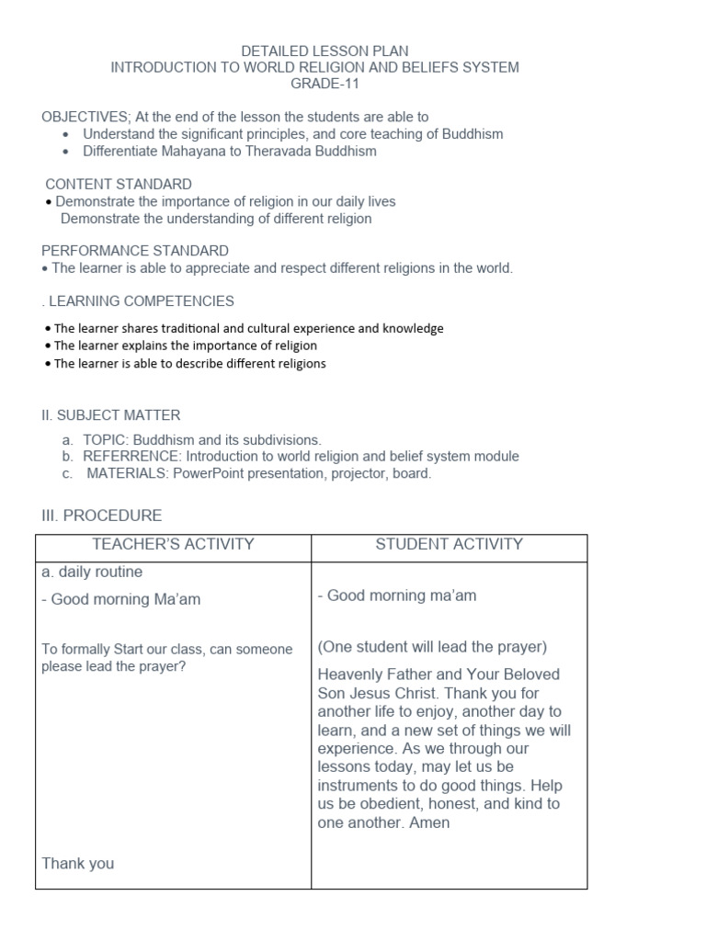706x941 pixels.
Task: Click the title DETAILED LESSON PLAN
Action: coord(325,51)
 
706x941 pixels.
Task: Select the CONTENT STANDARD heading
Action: coord(119,184)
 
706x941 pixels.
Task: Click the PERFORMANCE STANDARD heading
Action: coord(135,251)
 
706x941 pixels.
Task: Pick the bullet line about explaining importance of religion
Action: coord(184,346)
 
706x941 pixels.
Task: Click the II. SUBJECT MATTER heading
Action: coord(111,415)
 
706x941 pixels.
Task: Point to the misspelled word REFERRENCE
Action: coord(130,457)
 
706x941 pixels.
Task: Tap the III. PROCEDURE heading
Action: coord(102,516)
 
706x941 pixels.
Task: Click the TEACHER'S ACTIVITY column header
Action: coord(173,544)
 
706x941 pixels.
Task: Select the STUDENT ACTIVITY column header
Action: coord(449,544)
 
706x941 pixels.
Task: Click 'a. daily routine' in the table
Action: coord(92,572)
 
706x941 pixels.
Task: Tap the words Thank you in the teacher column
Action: coord(78,863)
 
